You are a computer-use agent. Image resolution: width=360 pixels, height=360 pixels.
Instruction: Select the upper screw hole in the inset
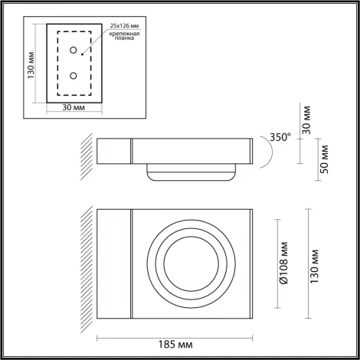(x=74, y=51)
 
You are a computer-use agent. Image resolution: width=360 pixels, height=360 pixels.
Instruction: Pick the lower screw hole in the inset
(x=74, y=76)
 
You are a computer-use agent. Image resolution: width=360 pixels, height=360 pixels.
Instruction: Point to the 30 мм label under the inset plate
(x=73, y=108)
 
